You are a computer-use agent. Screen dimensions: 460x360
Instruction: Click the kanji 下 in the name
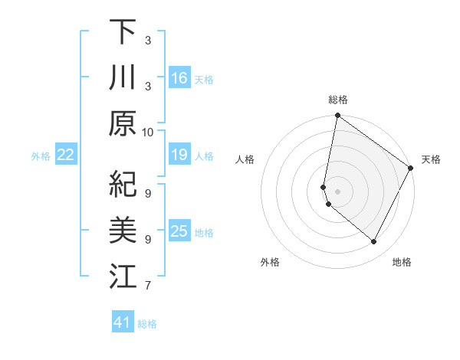123,32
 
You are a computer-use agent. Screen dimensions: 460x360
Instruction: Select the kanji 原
123,123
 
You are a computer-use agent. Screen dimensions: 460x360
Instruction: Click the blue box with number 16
179,78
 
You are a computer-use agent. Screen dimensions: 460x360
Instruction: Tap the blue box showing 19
179,155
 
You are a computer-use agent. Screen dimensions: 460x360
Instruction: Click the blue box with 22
65,155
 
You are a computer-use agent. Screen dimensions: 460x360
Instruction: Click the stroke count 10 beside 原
148,131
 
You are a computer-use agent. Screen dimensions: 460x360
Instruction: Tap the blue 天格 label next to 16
203,79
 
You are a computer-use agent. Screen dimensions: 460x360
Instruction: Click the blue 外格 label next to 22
41,156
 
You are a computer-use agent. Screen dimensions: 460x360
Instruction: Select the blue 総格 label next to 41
147,324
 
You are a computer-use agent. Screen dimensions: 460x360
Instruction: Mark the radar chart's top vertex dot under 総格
337,116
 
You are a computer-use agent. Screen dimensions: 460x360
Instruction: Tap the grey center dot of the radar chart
337,191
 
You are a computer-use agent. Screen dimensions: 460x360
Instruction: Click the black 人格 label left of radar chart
245,159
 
